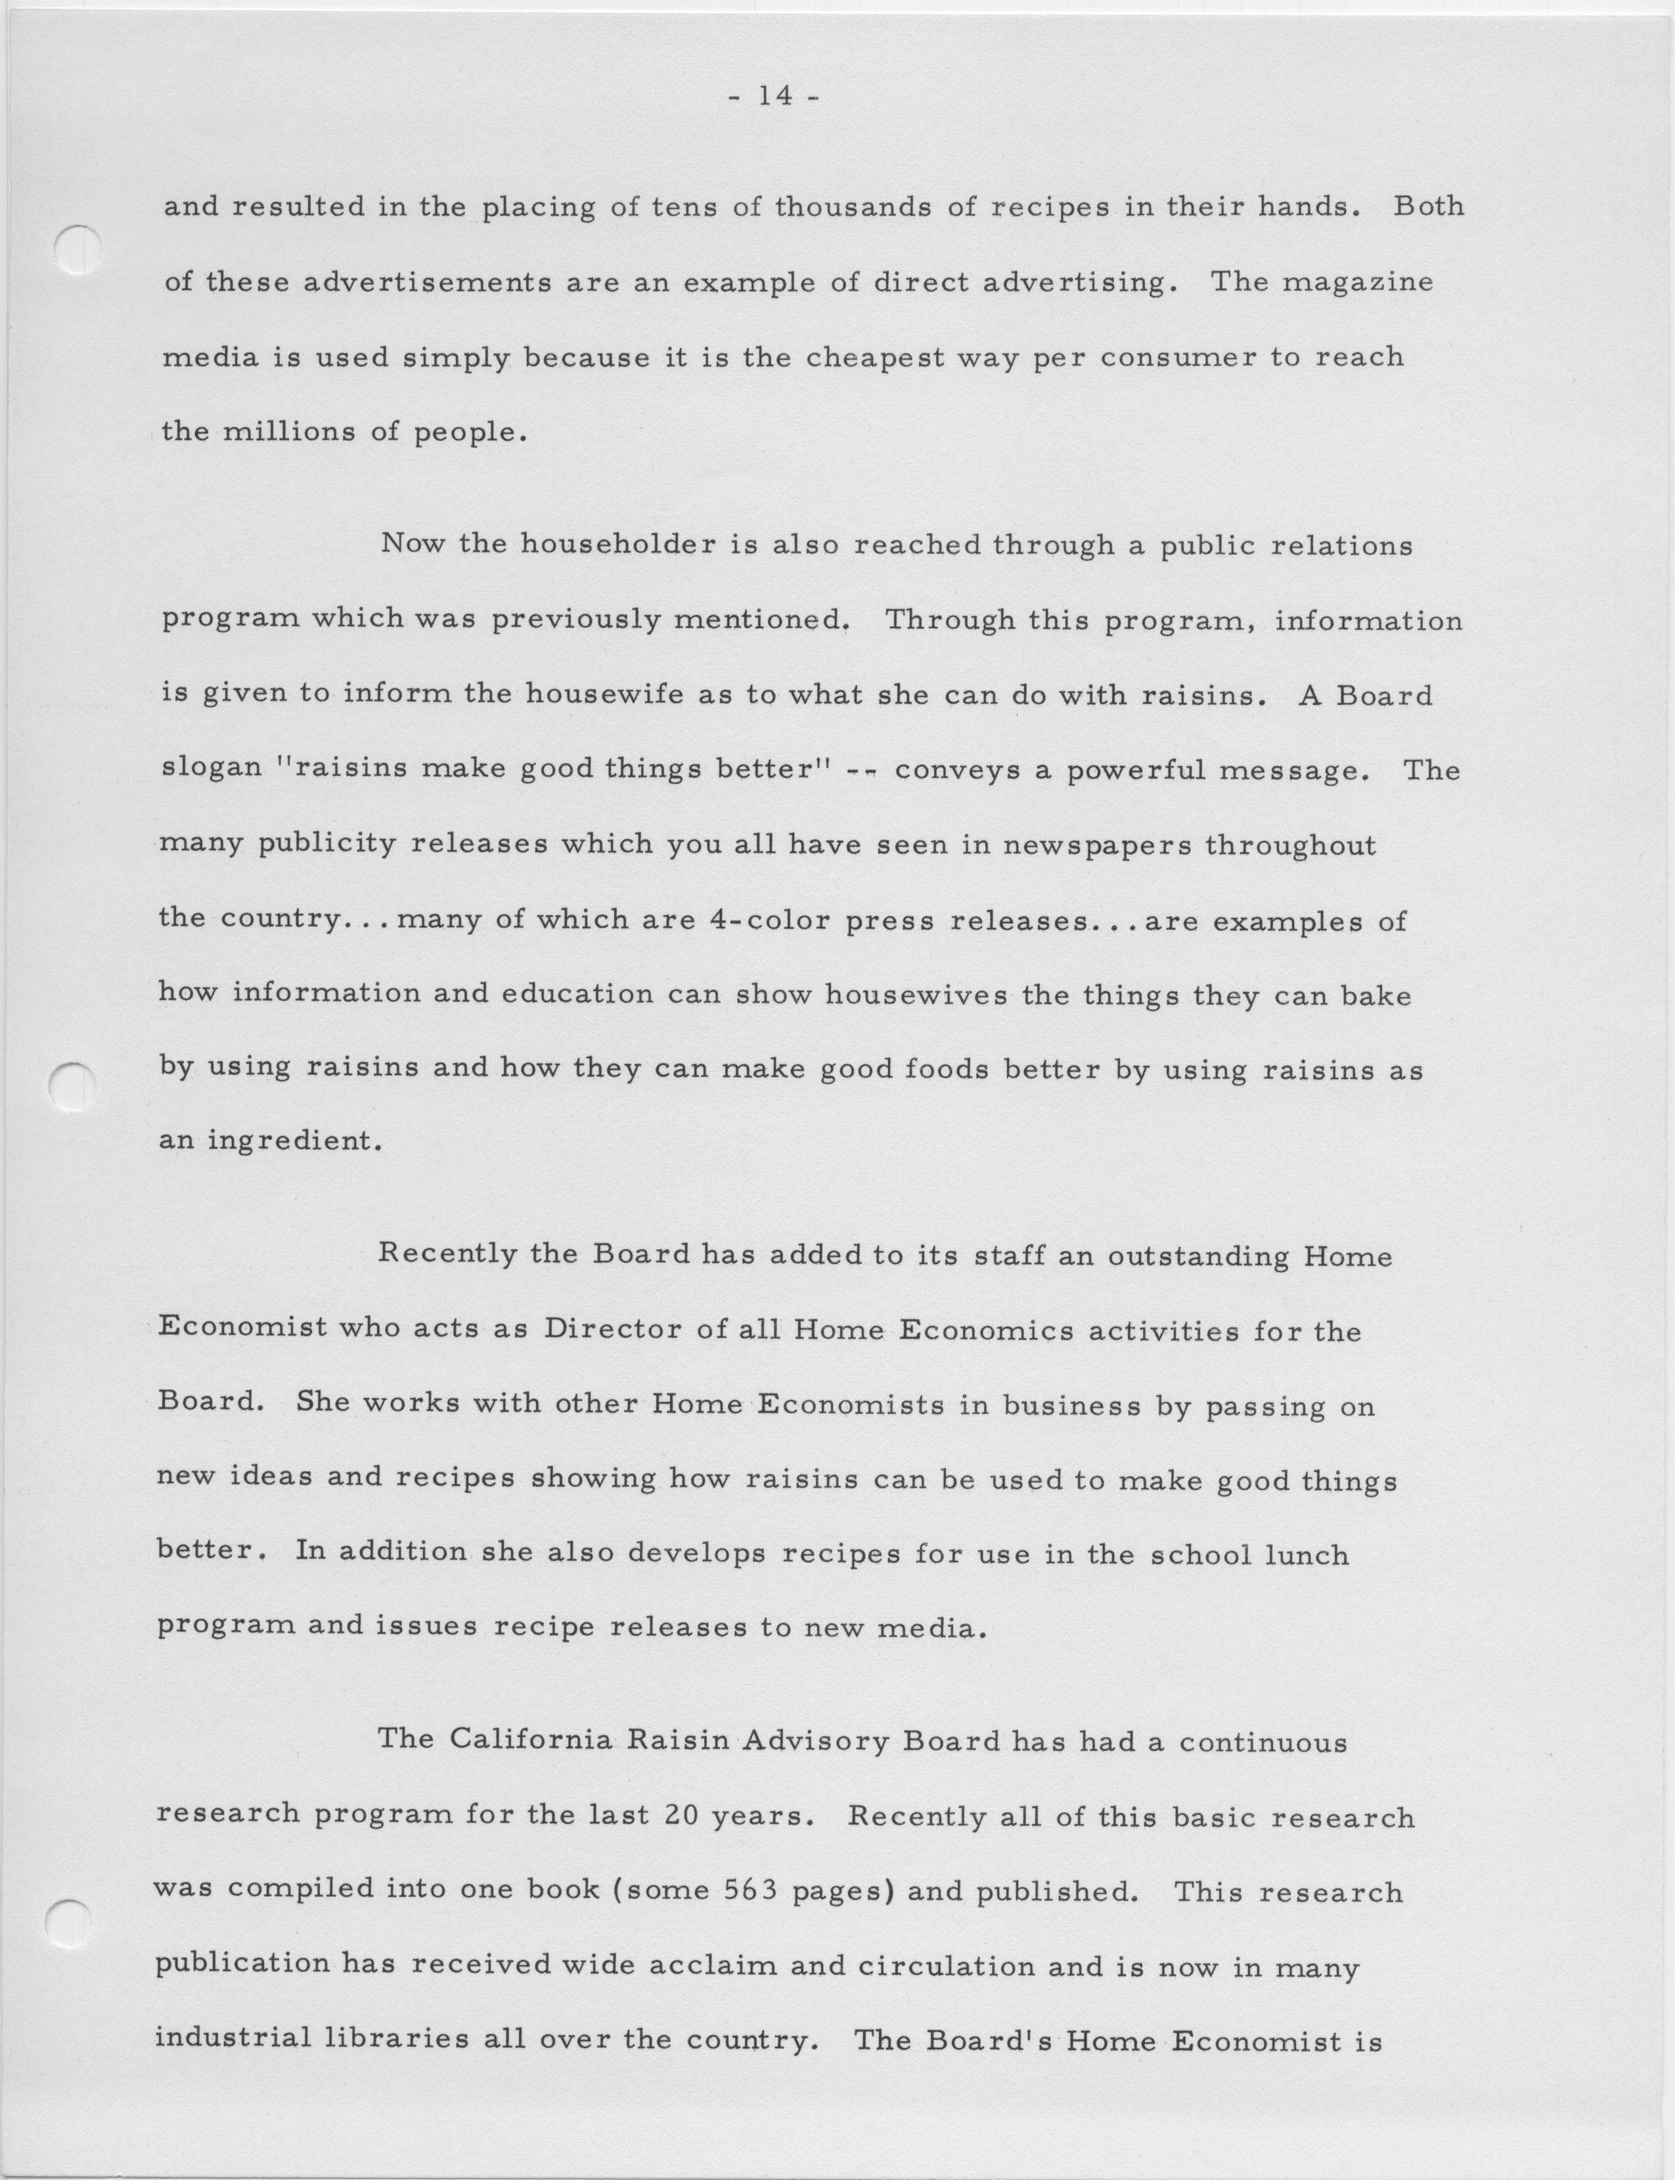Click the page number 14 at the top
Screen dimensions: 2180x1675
pos(774,97)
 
